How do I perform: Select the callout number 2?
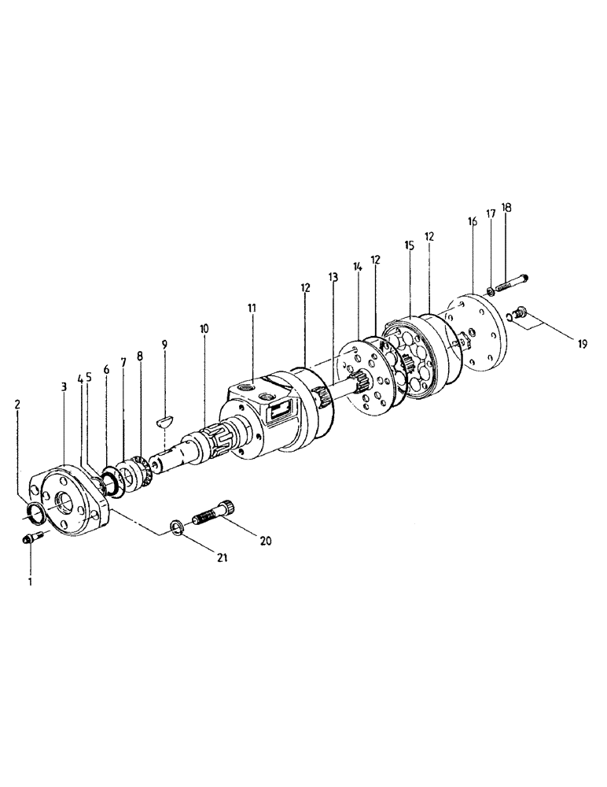coord(18,404)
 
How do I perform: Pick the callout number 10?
coord(204,327)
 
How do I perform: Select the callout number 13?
coord(333,277)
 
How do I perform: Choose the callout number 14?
coord(357,268)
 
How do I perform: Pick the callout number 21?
coord(223,558)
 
